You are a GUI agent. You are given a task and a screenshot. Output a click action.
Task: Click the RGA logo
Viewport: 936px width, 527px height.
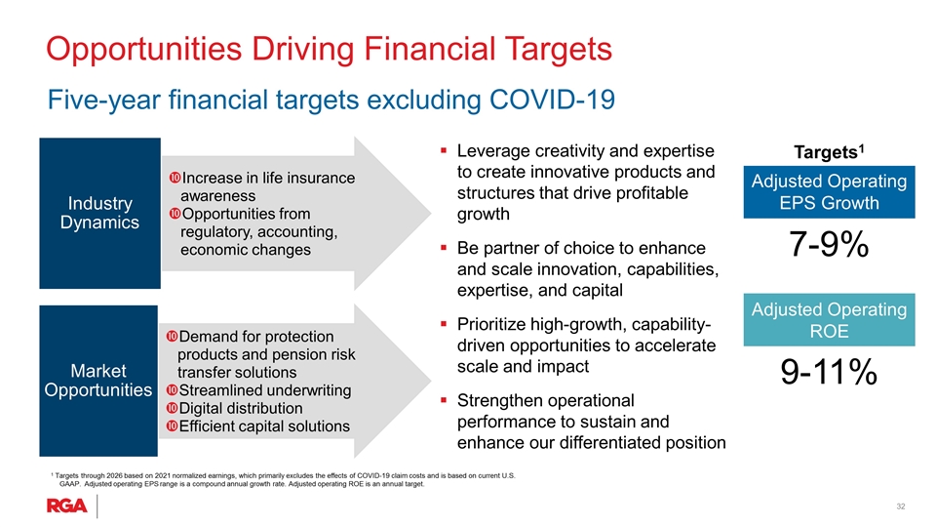click(67, 507)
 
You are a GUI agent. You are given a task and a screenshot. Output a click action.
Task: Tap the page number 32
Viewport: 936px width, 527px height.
click(901, 507)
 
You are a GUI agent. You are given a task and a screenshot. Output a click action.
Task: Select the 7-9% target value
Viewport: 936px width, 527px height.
click(829, 244)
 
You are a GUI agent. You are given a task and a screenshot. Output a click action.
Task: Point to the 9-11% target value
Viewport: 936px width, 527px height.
click(829, 372)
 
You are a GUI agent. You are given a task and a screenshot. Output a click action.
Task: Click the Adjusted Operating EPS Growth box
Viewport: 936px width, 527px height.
click(829, 192)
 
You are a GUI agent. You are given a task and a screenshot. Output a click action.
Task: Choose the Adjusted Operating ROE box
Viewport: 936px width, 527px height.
click(829, 320)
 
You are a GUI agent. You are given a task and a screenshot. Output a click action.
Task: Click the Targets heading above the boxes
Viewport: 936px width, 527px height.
click(829, 152)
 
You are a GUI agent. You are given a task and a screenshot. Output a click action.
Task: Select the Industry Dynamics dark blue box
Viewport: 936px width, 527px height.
click(99, 214)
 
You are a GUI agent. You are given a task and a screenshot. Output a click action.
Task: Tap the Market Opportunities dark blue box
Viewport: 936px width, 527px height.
click(98, 381)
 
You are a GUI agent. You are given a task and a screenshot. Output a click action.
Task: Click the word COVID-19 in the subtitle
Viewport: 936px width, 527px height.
click(552, 100)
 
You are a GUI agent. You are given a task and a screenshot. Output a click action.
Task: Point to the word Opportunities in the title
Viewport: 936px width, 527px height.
click(144, 50)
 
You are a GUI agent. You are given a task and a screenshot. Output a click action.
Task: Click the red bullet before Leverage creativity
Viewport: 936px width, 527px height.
click(444, 150)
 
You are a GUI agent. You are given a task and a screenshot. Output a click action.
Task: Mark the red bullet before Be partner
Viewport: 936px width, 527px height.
click(444, 247)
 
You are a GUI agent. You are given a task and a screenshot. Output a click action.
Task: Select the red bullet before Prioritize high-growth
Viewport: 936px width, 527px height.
click(444, 324)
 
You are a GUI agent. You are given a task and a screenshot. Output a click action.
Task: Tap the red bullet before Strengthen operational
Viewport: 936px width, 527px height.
click(444, 400)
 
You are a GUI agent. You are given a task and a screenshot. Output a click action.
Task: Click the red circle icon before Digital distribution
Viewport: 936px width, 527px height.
click(172, 408)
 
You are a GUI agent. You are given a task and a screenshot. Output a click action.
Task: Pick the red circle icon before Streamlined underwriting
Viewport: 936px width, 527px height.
click(172, 390)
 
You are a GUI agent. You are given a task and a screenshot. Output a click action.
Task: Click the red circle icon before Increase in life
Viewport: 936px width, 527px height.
click(175, 178)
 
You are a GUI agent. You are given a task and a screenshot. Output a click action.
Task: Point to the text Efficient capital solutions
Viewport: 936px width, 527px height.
click(264, 426)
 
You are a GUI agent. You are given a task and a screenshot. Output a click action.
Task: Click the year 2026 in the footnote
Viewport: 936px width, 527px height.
click(115, 475)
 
